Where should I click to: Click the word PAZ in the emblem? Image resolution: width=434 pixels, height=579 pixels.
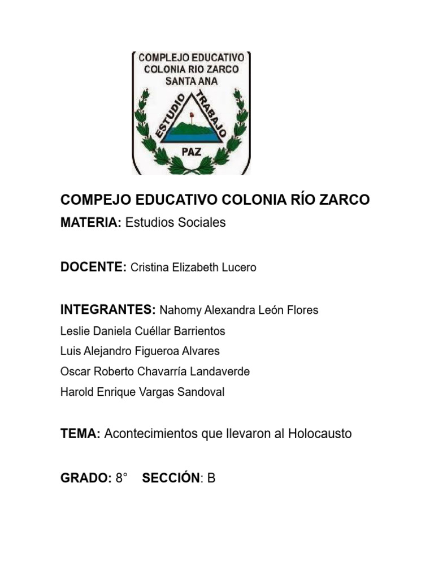pos(190,151)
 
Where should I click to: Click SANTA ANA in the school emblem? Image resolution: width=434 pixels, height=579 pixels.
pos(191,81)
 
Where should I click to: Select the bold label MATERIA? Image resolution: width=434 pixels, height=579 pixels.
pos(90,223)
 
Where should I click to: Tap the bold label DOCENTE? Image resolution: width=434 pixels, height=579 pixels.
pos(93,267)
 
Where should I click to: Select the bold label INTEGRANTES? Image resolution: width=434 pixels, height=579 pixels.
pos(107,310)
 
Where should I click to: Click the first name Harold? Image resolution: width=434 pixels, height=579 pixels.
pos(76,392)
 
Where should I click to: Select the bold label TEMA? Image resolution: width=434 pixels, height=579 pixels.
pos(80,434)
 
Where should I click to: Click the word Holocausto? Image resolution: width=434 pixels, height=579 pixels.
pos(320,434)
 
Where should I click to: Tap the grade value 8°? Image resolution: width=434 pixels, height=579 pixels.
pos(121,479)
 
